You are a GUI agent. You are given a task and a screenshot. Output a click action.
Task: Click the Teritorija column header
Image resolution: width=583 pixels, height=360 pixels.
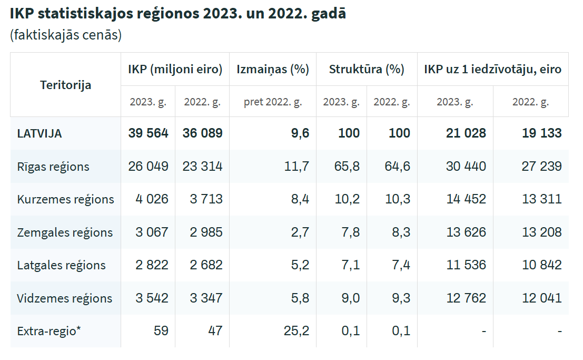click(x=65, y=85)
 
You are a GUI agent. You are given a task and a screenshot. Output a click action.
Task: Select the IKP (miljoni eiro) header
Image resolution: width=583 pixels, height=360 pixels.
click(x=175, y=69)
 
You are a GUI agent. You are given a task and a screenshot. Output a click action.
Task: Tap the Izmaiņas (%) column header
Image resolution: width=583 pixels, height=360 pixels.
click(x=273, y=69)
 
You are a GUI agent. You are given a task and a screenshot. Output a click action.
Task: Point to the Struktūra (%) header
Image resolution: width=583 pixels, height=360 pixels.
click(x=367, y=69)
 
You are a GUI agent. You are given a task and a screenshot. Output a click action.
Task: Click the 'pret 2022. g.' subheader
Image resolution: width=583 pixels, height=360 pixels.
click(x=273, y=102)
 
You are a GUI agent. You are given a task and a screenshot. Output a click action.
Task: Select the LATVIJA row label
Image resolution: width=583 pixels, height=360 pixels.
click(x=39, y=134)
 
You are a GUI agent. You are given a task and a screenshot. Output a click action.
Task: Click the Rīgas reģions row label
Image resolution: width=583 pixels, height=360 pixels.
click(x=53, y=167)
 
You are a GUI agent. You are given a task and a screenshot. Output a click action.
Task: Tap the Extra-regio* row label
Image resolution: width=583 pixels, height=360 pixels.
click(x=49, y=331)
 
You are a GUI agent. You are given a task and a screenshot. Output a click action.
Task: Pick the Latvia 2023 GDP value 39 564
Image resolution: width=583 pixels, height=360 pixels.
click(x=148, y=133)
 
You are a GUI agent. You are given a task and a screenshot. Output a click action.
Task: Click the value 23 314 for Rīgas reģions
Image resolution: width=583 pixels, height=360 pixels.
click(x=202, y=167)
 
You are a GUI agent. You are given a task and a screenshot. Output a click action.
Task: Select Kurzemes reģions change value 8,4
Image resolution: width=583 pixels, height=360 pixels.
click(x=298, y=199)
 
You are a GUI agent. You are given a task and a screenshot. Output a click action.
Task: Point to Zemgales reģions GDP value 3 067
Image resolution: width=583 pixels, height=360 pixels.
click(x=152, y=232)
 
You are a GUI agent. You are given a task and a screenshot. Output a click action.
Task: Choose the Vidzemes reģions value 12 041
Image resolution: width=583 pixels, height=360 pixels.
click(x=542, y=298)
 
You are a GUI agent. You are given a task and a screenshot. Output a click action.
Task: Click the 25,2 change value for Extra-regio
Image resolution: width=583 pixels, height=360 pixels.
click(x=295, y=331)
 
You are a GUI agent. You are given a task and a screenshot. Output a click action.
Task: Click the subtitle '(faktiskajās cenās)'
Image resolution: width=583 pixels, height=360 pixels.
click(x=66, y=35)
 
